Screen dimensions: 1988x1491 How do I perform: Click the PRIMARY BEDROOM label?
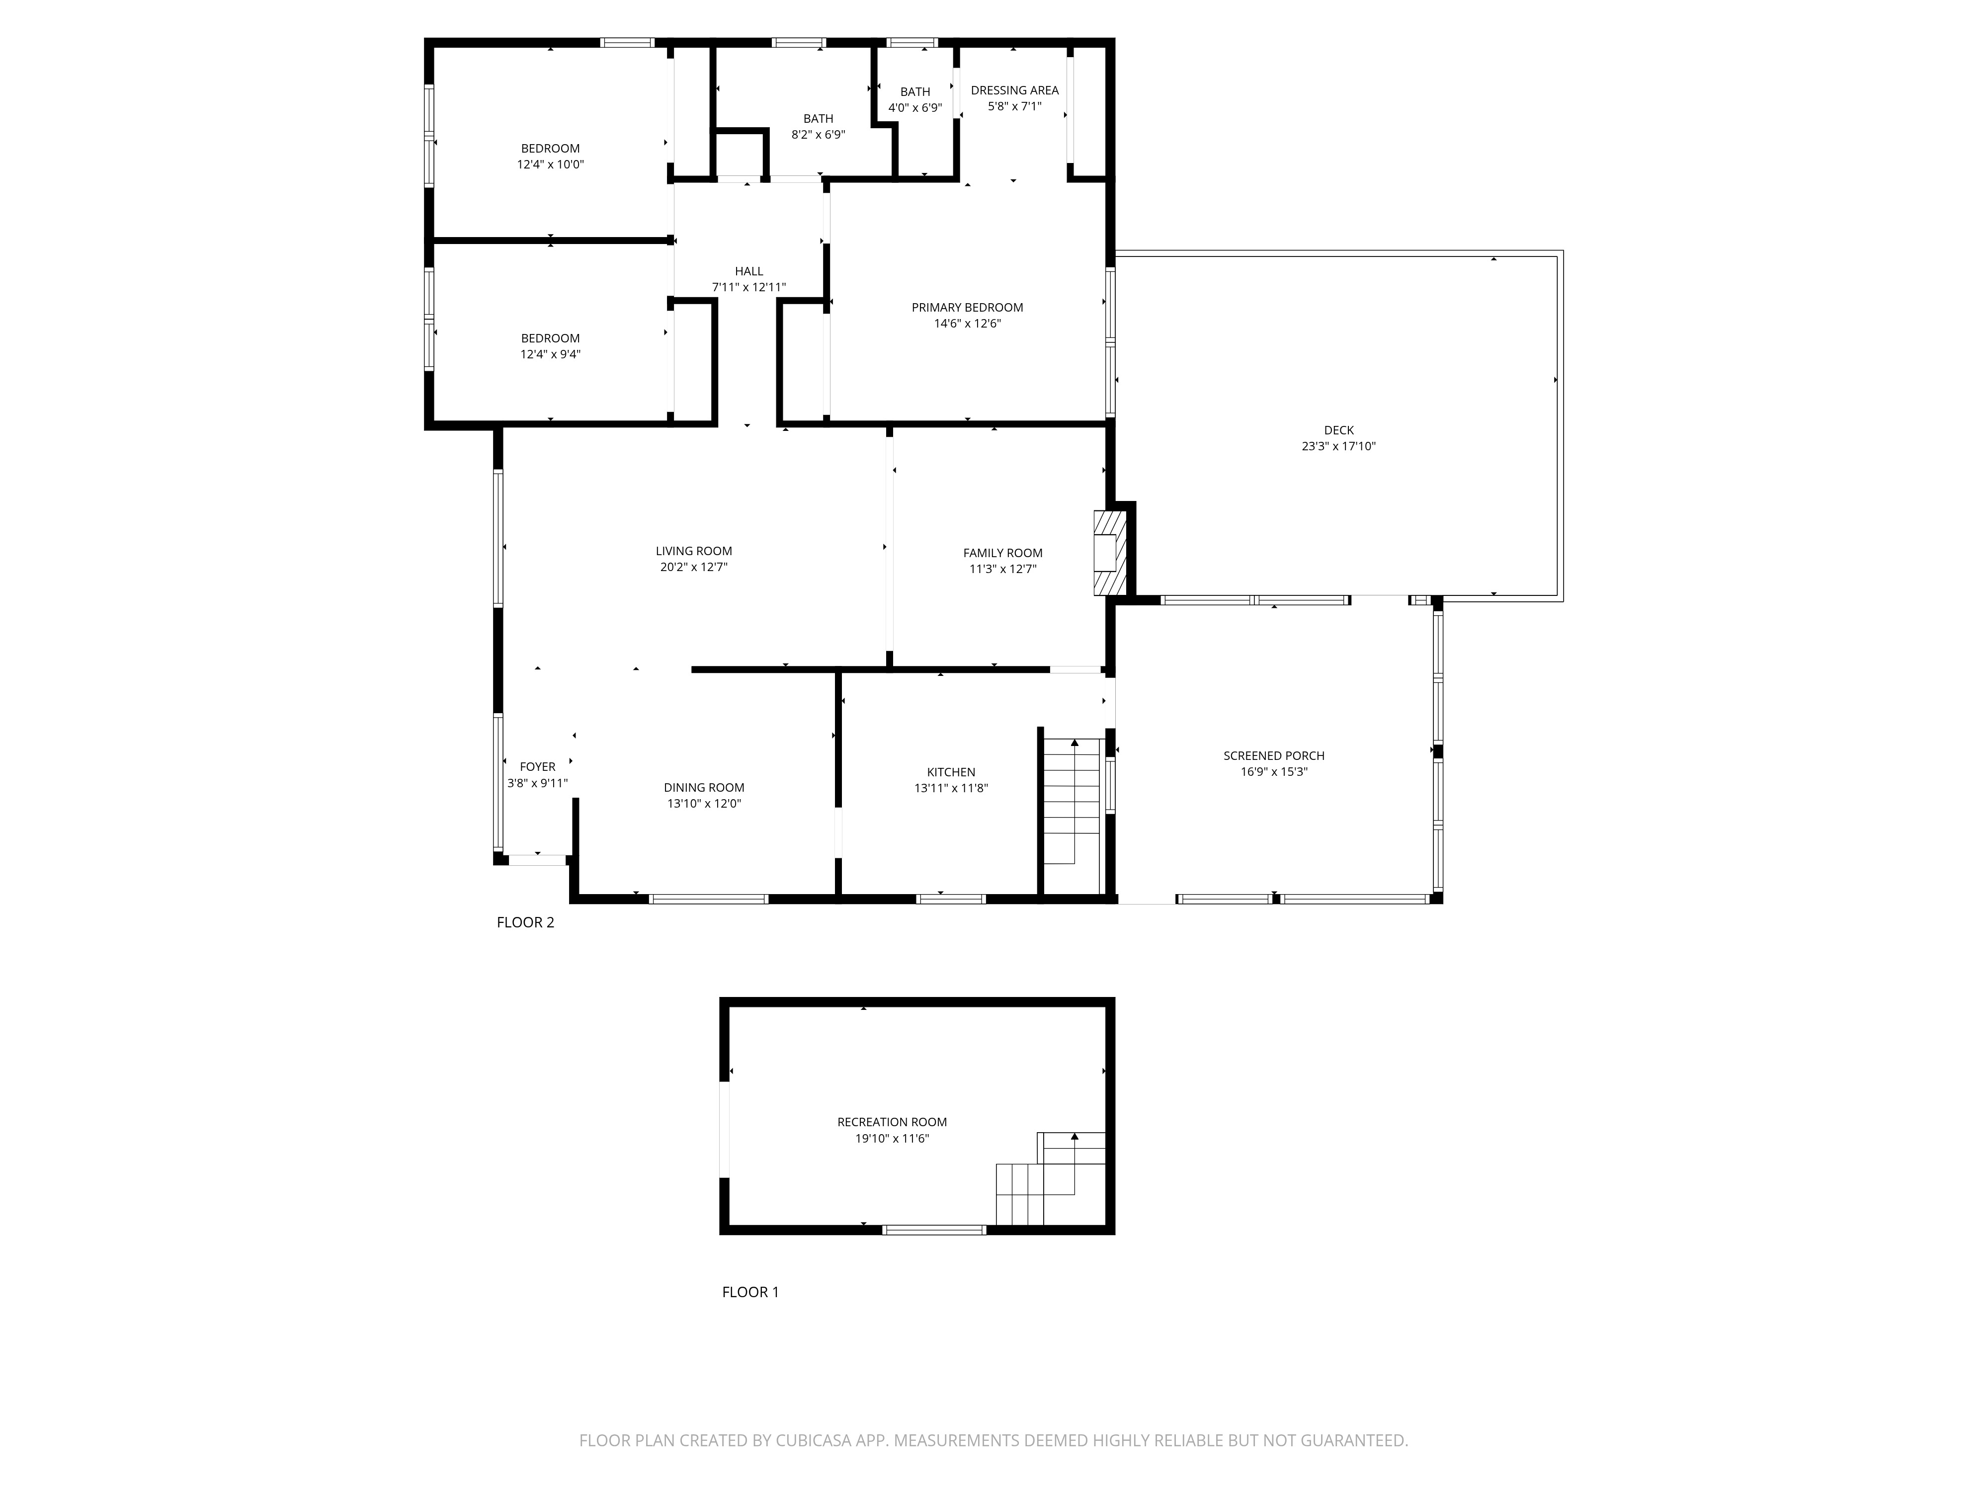click(967, 307)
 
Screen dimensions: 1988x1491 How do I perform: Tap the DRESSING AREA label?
click(1015, 90)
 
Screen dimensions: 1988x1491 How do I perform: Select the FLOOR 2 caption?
click(526, 922)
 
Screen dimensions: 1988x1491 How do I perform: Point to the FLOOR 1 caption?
click(750, 1292)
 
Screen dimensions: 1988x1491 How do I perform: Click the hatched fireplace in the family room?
click(1110, 553)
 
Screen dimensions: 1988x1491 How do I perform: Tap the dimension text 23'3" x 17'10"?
click(1338, 446)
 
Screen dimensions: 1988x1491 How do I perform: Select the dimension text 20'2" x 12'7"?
click(694, 567)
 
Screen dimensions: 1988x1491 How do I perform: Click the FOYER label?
click(537, 766)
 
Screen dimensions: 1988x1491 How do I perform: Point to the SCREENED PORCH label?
click(1273, 756)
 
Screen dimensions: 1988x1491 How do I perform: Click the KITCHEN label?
click(951, 772)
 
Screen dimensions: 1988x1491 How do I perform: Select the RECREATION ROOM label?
click(892, 1122)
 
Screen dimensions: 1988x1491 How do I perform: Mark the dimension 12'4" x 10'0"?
click(550, 165)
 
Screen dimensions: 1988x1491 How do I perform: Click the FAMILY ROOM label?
click(1003, 553)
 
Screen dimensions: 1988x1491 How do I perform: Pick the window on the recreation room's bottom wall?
click(934, 1230)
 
